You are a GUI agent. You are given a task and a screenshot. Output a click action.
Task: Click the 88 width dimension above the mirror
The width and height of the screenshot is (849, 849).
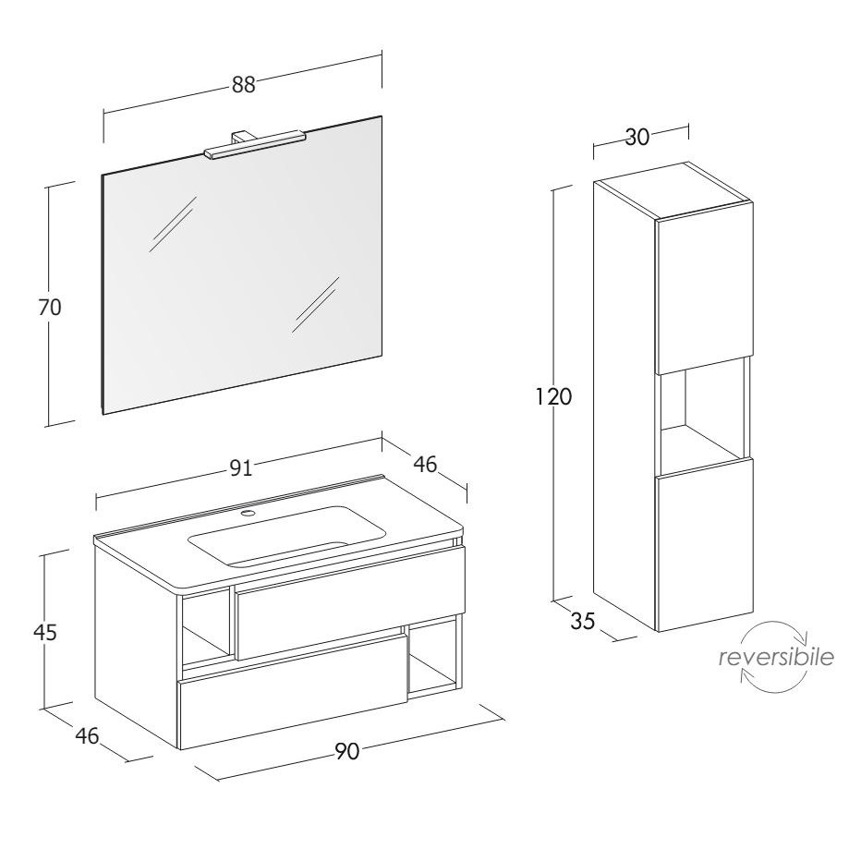[243, 85]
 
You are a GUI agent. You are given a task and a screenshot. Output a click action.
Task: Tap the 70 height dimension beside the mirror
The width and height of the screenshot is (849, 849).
[50, 307]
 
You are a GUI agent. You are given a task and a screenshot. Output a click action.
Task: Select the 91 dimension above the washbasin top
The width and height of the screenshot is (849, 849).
[240, 467]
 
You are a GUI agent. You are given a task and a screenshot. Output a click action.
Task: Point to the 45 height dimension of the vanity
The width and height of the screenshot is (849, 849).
[45, 631]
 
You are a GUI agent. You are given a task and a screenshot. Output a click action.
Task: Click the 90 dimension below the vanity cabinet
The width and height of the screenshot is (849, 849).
[346, 751]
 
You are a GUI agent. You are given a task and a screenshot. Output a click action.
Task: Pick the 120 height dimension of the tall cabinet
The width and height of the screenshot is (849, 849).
[553, 397]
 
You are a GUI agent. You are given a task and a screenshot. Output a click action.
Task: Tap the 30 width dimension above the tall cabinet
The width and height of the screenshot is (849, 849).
[637, 137]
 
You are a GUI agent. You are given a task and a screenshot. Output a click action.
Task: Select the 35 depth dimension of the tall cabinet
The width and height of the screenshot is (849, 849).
[583, 621]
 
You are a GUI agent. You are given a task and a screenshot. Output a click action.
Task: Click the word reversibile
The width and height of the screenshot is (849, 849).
[776, 658]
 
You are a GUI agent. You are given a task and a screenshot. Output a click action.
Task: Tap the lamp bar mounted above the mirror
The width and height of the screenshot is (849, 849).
[255, 145]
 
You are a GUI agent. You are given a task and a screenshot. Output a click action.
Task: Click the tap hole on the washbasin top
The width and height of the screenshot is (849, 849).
[249, 513]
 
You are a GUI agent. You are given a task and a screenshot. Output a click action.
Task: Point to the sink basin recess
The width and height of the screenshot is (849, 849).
[287, 536]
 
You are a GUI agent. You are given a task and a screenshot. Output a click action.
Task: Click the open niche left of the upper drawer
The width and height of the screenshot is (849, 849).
[208, 629]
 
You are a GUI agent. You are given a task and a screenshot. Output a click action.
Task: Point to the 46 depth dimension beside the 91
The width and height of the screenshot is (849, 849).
[425, 464]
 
